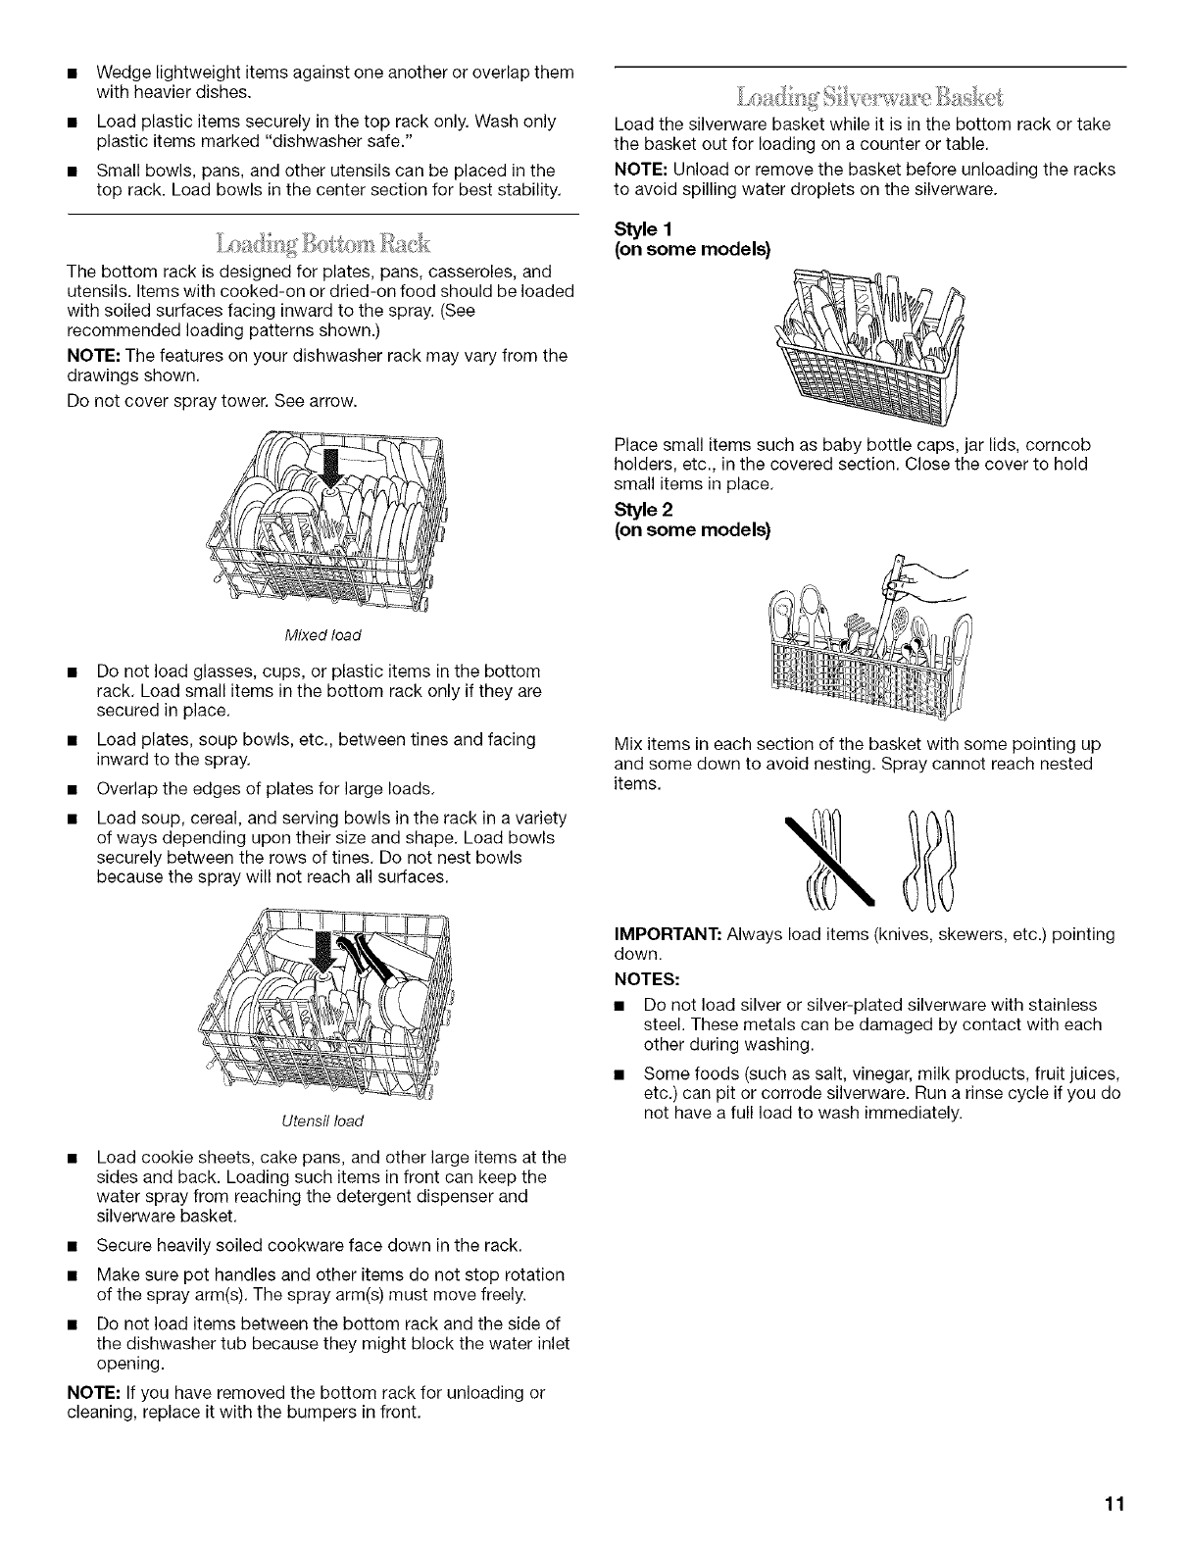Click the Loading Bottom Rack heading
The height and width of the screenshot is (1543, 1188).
click(324, 241)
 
